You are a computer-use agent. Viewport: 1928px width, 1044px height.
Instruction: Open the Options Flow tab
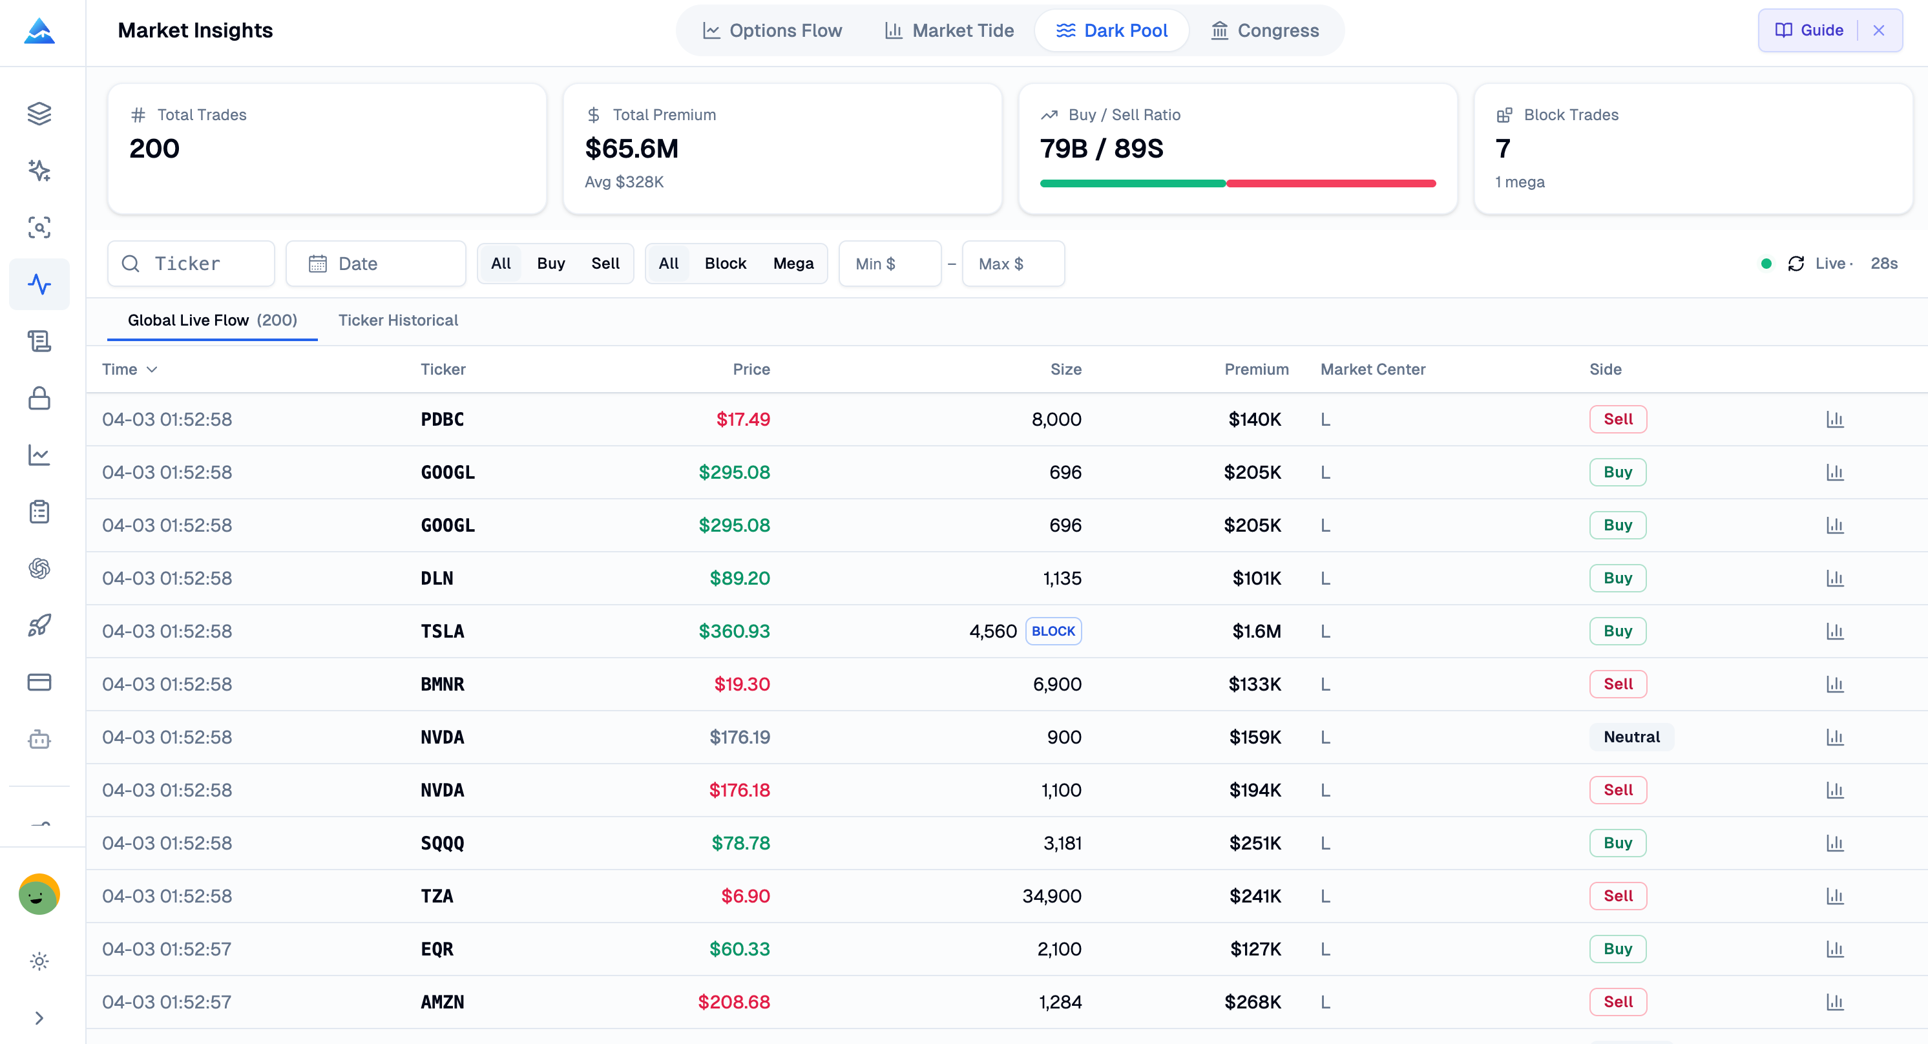point(772,30)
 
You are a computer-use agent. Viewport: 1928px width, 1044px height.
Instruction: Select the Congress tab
point(1265,30)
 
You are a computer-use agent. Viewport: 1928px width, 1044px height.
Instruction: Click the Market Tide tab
point(949,30)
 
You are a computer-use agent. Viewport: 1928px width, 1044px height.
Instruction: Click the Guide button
point(1809,30)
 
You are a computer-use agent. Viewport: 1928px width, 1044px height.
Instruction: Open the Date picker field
point(376,264)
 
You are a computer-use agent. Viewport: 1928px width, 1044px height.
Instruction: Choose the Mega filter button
point(793,264)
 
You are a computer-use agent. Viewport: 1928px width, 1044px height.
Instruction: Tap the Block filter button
point(724,264)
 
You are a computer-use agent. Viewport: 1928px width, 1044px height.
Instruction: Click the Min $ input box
point(889,264)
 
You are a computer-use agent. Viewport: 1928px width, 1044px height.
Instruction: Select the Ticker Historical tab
point(397,320)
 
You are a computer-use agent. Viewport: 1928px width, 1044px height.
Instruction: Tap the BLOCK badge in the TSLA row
point(1053,631)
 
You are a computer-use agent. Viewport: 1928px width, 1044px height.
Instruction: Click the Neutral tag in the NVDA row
point(1631,737)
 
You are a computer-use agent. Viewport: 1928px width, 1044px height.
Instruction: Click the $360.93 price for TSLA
point(733,631)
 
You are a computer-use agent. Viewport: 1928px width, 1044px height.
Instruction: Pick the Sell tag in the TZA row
point(1617,896)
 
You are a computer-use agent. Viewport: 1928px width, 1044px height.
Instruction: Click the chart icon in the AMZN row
point(1834,1002)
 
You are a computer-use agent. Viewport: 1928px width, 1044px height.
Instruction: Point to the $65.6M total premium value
point(631,149)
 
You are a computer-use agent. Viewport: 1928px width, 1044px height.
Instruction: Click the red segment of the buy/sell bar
point(1331,183)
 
